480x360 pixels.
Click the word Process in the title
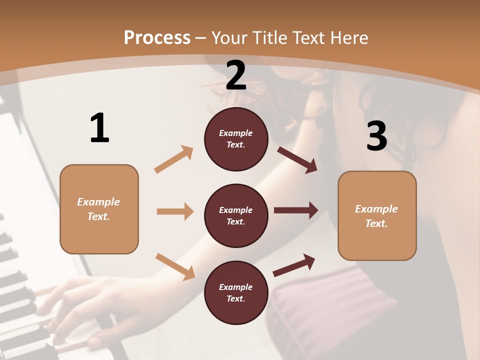coord(157,38)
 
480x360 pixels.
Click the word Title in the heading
coord(270,38)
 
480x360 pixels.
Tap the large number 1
coord(99,128)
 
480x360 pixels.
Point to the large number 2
coord(236,75)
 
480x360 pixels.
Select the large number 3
coord(377,136)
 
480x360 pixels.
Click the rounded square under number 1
coord(99,209)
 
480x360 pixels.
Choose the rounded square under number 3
coord(377,215)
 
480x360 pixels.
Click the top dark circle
coord(236,139)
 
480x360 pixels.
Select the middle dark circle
coord(236,215)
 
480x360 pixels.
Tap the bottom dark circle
coord(236,292)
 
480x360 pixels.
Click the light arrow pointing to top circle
coord(174,159)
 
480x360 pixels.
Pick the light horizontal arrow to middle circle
coord(175,211)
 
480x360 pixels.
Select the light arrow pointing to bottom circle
coord(175,266)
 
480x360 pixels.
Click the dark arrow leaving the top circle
coord(297,159)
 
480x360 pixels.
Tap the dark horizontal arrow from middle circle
coord(296,210)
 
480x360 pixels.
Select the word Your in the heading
coord(229,38)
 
